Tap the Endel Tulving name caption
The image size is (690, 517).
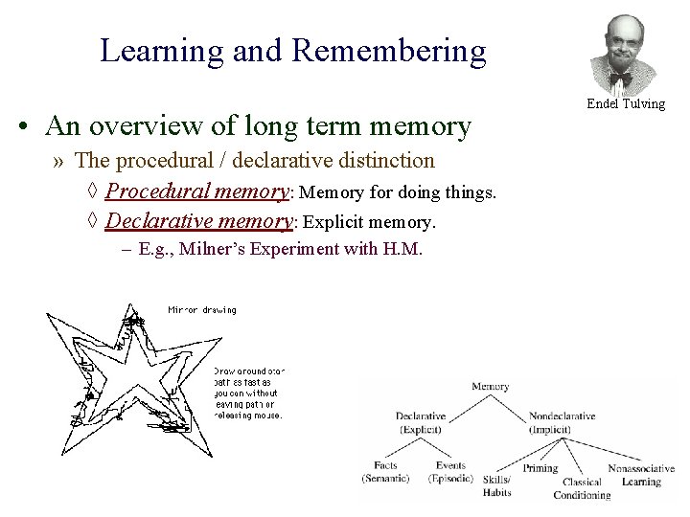(x=627, y=103)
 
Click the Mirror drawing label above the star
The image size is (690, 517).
(x=201, y=309)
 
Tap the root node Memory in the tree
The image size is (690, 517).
(x=490, y=387)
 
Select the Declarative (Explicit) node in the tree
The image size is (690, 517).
(x=427, y=422)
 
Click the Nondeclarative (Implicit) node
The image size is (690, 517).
(x=562, y=422)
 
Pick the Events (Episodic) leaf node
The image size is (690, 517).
(x=449, y=472)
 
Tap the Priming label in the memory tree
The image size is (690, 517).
(x=540, y=469)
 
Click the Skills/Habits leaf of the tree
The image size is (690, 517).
(x=496, y=485)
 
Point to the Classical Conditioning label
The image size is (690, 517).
(x=582, y=488)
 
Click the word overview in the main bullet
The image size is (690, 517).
(x=170, y=126)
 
